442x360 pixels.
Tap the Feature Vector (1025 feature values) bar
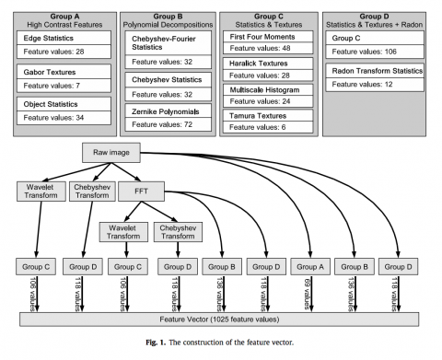pos(220,318)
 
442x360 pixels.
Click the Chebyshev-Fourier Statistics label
pos(165,43)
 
